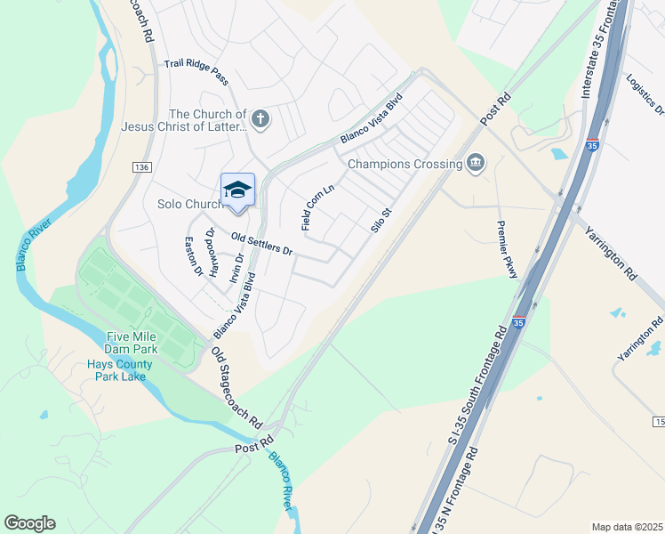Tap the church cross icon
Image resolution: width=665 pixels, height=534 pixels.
[260, 118]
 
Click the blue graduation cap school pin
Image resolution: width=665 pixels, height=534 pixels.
[237, 190]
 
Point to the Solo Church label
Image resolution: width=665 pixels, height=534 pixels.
[188, 205]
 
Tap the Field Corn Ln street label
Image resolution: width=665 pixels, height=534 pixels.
[317, 207]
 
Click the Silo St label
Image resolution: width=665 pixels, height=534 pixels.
[381, 220]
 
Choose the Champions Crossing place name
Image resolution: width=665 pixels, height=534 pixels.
[405, 164]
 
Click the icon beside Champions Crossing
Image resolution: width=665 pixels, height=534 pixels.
[476, 163]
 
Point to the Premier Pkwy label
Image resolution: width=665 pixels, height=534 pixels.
[507, 249]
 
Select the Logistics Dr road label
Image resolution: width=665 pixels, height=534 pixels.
[645, 94]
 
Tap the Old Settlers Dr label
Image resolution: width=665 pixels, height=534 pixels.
[261, 244]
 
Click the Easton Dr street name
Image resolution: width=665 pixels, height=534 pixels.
[194, 256]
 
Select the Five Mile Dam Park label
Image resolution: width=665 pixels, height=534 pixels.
[132, 343]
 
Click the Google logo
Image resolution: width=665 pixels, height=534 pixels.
[29, 523]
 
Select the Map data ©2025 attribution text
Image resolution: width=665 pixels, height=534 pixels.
[626, 527]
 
